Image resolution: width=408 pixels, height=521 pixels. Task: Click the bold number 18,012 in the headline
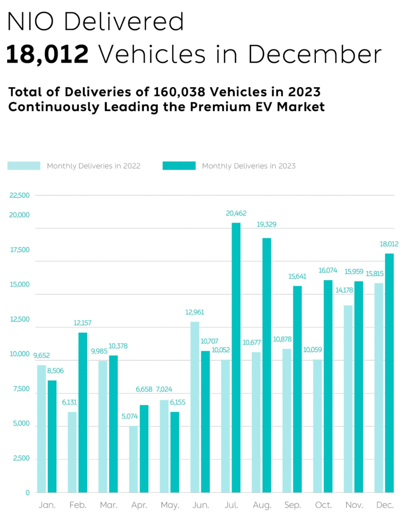(48, 54)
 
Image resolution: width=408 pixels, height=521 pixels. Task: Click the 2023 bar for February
(83, 412)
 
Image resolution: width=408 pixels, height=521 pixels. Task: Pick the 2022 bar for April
(133, 459)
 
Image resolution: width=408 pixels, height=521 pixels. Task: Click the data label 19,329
(266, 224)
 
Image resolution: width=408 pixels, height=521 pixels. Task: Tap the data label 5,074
(130, 416)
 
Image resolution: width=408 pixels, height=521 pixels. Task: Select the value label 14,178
(344, 290)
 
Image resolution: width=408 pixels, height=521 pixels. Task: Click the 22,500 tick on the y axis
(20, 195)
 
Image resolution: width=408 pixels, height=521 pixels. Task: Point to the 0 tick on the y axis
(28, 493)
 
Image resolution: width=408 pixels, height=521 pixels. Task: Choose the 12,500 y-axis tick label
(20, 319)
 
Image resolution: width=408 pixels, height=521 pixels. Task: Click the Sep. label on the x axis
(292, 505)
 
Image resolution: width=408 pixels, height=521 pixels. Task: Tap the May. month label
(170, 505)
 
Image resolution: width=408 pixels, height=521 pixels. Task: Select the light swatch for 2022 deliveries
(24, 166)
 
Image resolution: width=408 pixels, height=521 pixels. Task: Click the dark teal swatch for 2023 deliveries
(179, 166)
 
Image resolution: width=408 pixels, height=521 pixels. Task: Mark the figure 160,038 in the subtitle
(179, 92)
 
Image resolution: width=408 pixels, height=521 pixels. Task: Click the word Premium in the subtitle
(220, 107)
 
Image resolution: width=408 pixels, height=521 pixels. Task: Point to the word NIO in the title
(30, 22)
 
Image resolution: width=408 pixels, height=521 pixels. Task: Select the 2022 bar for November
(348, 399)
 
